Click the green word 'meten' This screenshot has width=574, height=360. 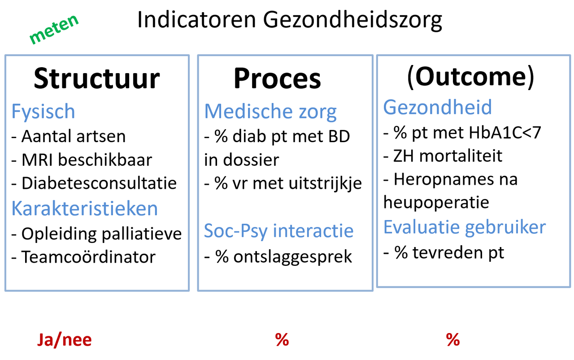click(54, 29)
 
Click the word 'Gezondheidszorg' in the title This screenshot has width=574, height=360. click(352, 21)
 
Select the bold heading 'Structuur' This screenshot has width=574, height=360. click(97, 78)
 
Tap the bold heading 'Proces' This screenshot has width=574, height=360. click(277, 78)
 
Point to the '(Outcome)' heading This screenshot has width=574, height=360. click(471, 77)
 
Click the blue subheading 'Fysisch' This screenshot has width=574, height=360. click(43, 112)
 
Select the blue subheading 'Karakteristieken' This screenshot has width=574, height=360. click(85, 208)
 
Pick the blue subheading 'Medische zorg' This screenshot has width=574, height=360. click(270, 112)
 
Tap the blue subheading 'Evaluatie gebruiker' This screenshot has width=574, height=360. click(464, 228)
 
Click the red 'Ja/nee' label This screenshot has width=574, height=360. click(64, 340)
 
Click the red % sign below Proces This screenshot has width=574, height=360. click(282, 340)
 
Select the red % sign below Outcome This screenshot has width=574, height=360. click(453, 340)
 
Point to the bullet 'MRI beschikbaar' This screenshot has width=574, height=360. click(87, 160)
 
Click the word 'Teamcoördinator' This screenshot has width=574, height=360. click(88, 257)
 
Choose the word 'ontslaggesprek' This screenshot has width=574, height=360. click(293, 257)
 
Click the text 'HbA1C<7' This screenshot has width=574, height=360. click(505, 132)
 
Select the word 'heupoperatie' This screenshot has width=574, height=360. click(436, 203)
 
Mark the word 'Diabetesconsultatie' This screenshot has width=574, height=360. click(99, 183)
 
